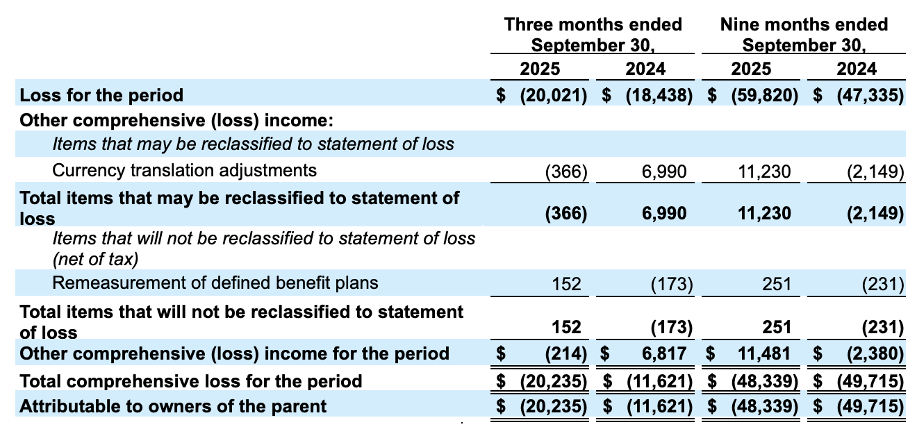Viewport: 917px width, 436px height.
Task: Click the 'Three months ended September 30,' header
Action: (593, 35)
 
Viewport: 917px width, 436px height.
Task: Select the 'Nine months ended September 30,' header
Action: (804, 35)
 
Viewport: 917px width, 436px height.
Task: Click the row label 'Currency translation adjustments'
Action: (184, 170)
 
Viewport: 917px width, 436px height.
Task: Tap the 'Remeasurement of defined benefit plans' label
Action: (215, 283)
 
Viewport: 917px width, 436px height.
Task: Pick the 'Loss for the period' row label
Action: (101, 95)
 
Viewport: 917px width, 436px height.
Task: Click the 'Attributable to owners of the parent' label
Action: (173, 406)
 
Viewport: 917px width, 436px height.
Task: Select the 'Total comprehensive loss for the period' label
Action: (191, 381)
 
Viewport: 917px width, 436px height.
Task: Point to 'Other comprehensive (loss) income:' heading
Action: (177, 120)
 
